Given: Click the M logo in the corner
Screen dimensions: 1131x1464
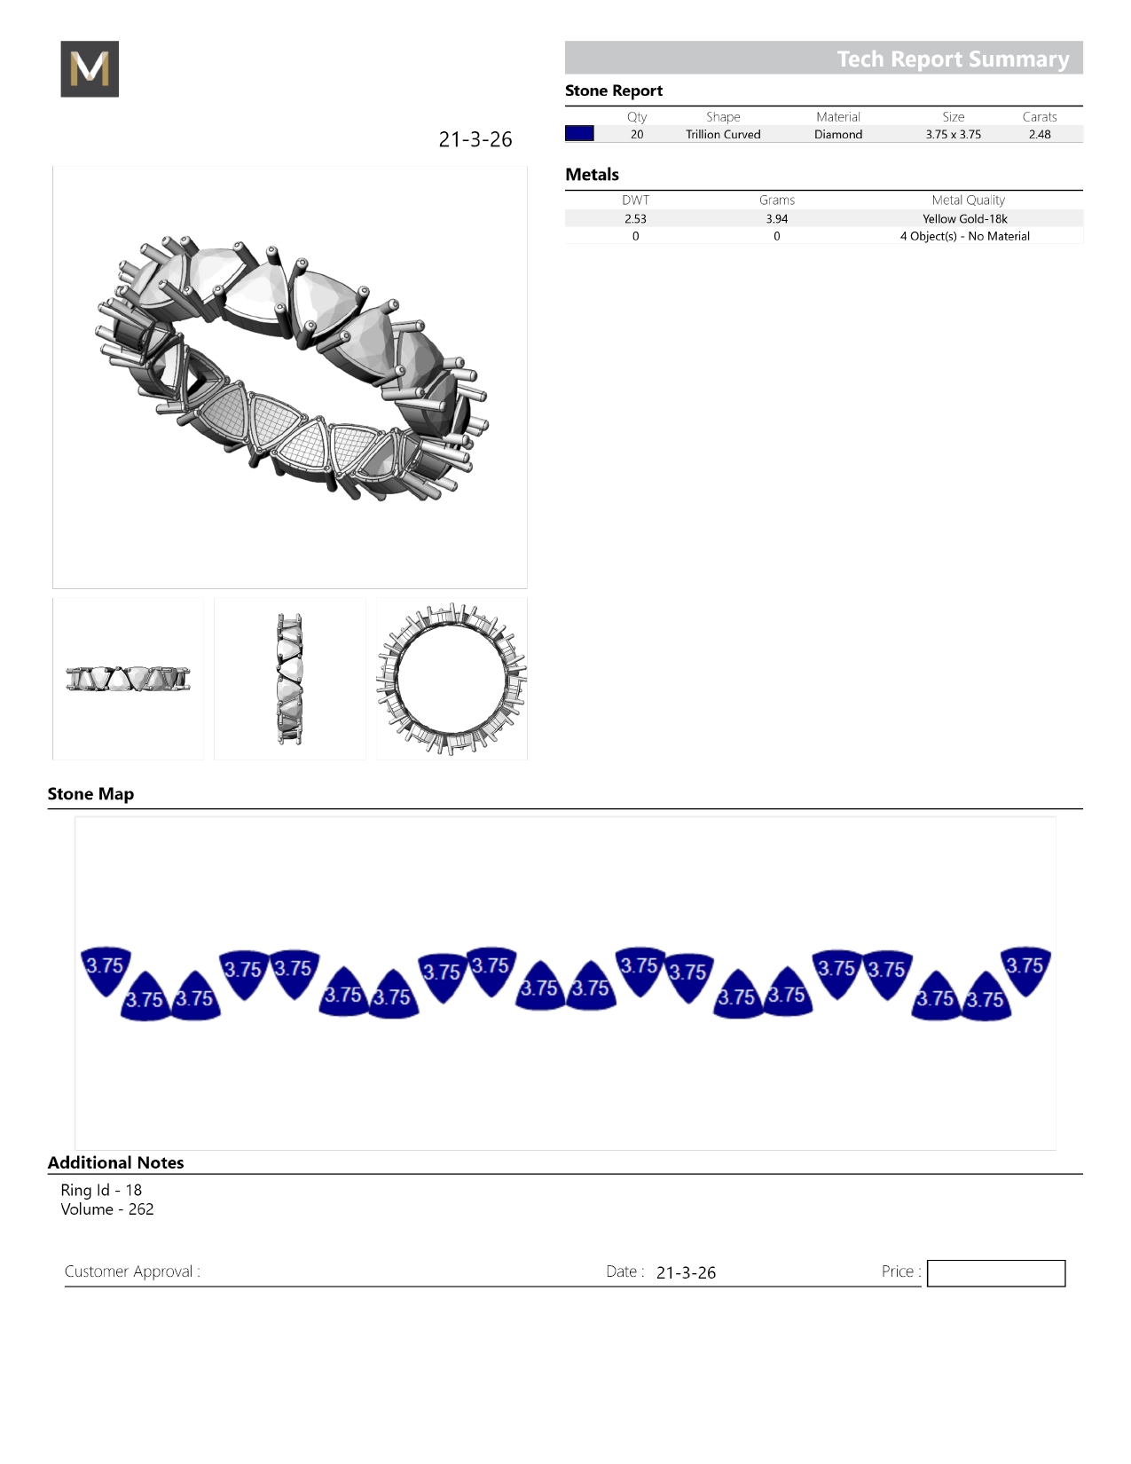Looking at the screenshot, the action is tap(90, 68).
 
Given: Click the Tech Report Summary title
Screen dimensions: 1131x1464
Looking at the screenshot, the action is tap(953, 59).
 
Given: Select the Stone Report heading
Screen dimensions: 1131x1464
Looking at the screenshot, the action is tap(614, 91).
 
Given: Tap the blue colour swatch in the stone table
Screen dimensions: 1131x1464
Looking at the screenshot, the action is tap(579, 133).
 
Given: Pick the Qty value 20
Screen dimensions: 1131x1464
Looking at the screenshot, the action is tap(637, 134).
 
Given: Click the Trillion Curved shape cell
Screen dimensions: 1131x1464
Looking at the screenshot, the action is tap(723, 134).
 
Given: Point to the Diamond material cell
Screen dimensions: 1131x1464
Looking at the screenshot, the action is tap(838, 134).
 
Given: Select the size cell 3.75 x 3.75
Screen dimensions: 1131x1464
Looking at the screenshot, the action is tap(954, 134).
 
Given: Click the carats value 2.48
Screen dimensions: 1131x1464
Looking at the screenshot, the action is tap(1040, 134).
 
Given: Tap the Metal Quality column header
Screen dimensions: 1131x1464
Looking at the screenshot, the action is tap(968, 201).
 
